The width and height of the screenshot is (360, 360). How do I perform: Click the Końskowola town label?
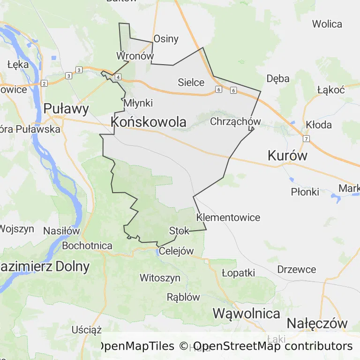coord(149,122)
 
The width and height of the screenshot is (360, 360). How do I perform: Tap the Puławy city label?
coord(66,109)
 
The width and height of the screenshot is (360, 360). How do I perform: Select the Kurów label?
coord(287,156)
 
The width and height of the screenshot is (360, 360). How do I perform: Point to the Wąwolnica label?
coord(247,313)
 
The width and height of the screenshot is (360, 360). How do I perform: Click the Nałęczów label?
coord(317,323)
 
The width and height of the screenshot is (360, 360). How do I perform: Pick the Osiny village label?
coord(166,38)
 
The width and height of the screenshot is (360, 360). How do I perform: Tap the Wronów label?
coord(135,56)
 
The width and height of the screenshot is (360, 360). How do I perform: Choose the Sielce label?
coord(191,82)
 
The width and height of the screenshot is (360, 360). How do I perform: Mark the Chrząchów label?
coord(235,122)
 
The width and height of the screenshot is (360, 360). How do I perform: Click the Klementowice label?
coord(228,217)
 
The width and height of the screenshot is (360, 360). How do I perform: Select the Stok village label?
coord(179,231)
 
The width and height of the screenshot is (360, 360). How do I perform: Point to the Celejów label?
coord(176,251)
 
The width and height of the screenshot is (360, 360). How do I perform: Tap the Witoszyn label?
coord(160,278)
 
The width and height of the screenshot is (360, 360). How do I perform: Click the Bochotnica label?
coord(87,246)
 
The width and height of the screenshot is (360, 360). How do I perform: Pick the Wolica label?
coord(327,24)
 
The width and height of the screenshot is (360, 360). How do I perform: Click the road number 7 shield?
coord(306,139)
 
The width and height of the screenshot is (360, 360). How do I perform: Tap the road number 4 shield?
coord(118,77)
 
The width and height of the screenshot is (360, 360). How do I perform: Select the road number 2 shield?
coord(44,83)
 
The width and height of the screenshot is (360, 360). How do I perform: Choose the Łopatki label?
coord(239,273)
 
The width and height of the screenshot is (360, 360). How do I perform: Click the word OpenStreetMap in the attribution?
coord(237,346)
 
